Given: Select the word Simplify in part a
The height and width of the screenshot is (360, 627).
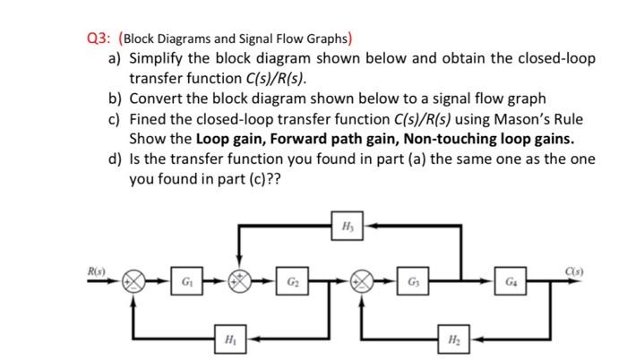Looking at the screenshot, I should tap(159, 58).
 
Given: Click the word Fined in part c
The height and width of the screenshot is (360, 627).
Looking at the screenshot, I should tap(150, 119).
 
